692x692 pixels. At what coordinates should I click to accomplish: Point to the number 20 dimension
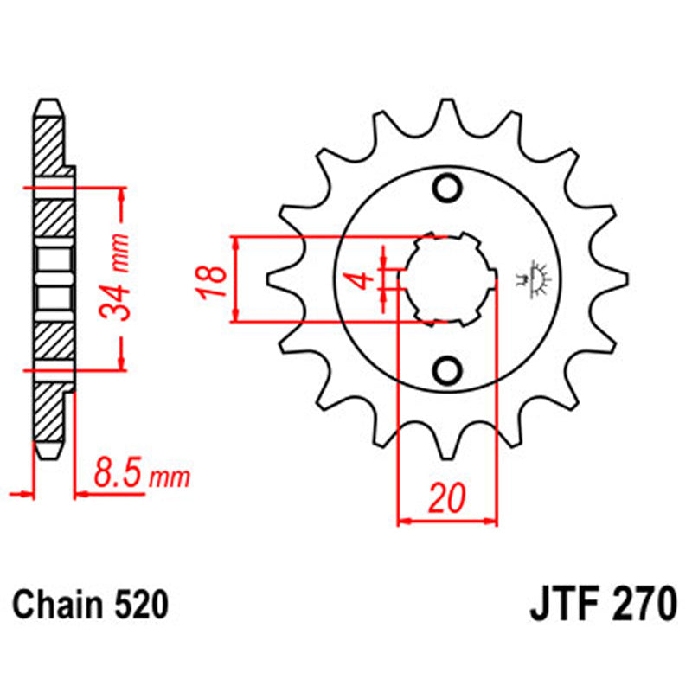pos(446,499)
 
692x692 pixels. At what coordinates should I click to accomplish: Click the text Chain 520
pos(90,604)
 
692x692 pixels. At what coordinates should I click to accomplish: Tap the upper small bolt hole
pos(448,188)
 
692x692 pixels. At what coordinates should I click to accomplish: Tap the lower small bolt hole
pos(448,370)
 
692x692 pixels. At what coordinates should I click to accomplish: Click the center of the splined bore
pos(447,279)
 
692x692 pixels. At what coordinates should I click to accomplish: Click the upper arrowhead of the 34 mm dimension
pos(122,194)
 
